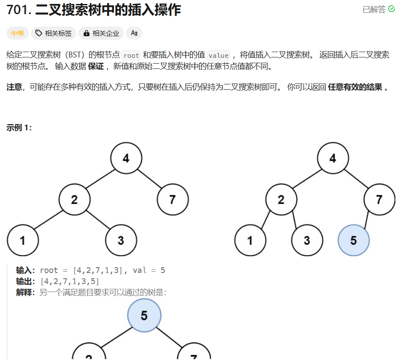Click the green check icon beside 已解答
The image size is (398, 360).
391,9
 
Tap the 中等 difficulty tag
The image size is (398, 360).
18,33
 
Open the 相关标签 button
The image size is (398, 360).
53,33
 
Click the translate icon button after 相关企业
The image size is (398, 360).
134,33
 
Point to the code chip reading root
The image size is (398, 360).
131,56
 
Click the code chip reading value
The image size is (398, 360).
218,56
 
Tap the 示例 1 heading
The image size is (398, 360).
19,128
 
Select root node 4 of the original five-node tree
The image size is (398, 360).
126,158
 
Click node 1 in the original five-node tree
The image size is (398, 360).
23,240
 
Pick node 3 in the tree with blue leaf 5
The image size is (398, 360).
307,240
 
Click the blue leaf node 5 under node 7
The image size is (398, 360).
353,240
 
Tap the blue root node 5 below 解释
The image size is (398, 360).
144,315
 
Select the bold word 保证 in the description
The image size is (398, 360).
96,67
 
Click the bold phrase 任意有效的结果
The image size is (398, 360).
355,87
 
